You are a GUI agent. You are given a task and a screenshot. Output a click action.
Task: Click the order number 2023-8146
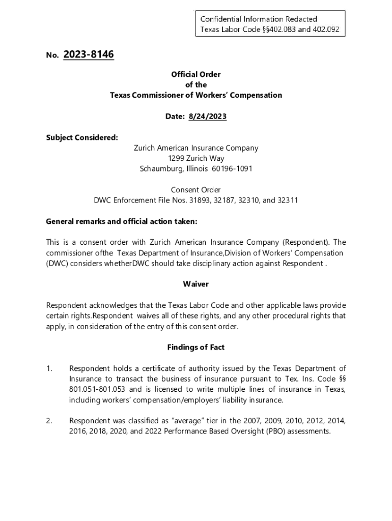(89, 54)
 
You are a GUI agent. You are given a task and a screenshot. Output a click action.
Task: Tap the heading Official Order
(196, 74)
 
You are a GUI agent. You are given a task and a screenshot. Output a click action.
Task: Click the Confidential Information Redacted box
(269, 24)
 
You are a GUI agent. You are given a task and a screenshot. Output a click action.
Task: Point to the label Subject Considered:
(75, 137)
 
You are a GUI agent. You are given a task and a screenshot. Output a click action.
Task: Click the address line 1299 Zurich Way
(196, 158)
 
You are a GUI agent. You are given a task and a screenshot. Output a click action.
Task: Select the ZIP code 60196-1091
(232, 169)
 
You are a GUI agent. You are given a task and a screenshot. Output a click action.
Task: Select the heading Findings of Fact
(196, 348)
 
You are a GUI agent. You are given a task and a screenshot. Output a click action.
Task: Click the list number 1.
(49, 368)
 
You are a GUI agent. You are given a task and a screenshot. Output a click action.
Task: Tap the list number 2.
(49, 421)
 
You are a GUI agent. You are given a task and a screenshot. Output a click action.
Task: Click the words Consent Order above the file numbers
(196, 190)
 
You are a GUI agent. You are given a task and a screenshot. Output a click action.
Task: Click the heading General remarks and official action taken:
(121, 221)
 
